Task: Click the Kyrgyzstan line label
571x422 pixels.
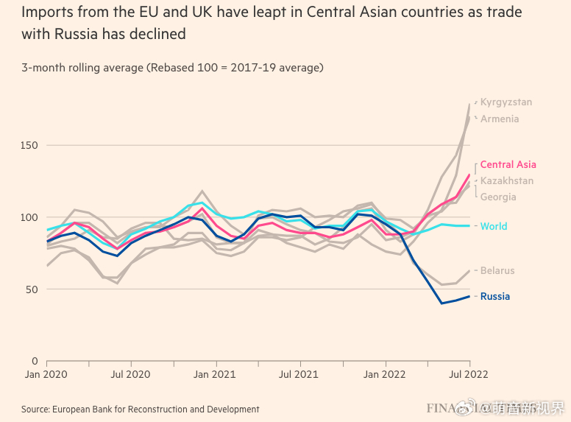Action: point(506,102)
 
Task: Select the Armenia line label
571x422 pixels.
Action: point(500,119)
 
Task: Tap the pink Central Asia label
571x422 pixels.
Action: point(508,165)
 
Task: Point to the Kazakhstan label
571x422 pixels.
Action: point(507,181)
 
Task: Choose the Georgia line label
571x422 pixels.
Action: point(498,197)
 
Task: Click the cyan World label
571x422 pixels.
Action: point(494,226)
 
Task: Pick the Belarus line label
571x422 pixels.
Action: point(497,270)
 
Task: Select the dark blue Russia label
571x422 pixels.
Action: point(495,296)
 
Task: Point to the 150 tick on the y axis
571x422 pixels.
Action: point(29,146)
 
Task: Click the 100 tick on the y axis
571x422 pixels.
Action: point(29,217)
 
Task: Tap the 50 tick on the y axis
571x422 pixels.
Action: point(32,289)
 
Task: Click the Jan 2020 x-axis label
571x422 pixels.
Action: point(46,375)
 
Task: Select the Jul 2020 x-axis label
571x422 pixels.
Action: point(131,375)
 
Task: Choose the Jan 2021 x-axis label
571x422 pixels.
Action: point(216,375)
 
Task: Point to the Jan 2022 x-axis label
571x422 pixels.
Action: point(385,375)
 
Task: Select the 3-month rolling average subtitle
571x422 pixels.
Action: point(172,68)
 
